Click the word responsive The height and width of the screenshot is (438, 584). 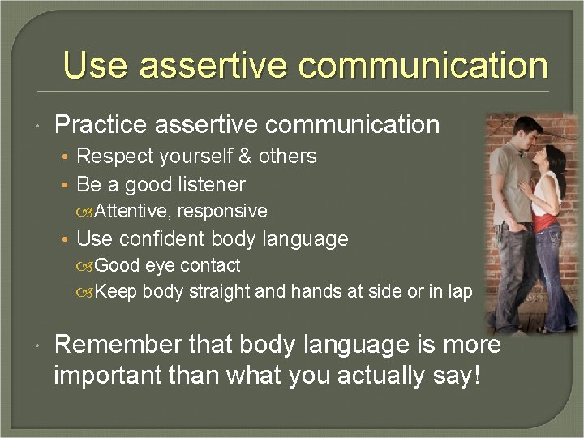coord(222,211)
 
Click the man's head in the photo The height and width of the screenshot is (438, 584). coord(528,131)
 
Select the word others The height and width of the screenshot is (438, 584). coord(288,156)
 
